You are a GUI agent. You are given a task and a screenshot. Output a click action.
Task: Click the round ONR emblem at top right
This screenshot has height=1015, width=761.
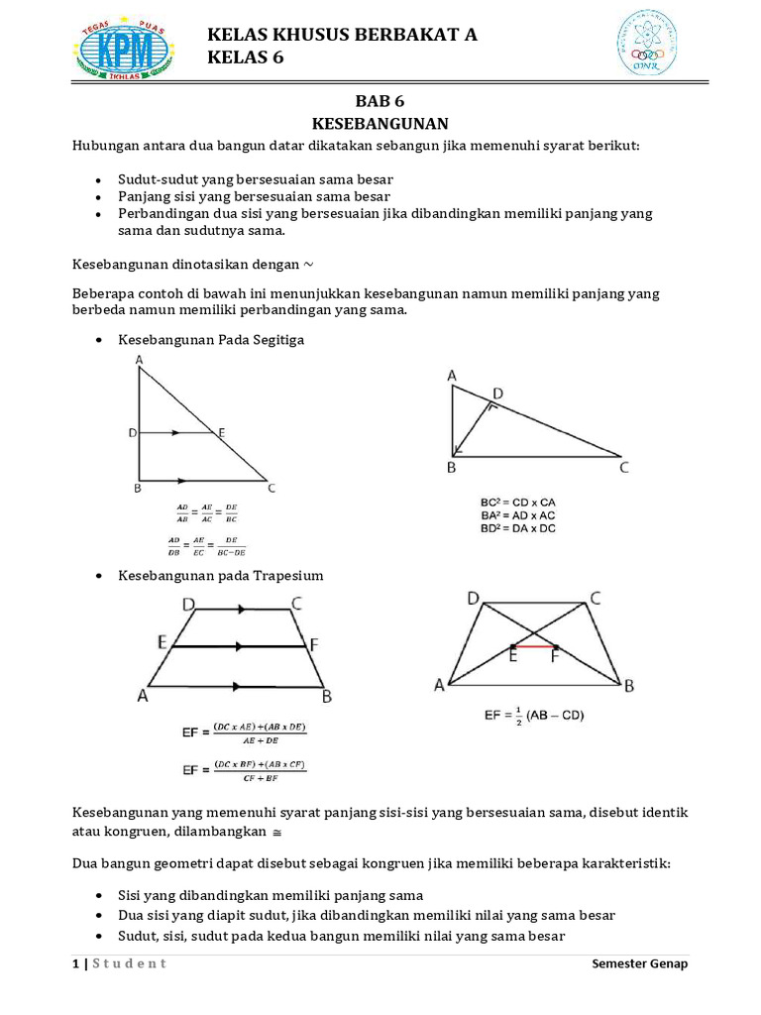[x=649, y=43]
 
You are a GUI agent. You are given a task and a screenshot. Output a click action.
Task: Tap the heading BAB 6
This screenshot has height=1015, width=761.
[x=380, y=101]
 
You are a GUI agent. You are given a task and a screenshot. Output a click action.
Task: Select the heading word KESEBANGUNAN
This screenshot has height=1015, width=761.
[x=380, y=124]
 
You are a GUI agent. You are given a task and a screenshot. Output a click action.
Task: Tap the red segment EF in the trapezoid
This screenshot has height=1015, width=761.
[x=534, y=645]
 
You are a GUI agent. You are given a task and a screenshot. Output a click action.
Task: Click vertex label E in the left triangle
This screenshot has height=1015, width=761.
[x=221, y=433]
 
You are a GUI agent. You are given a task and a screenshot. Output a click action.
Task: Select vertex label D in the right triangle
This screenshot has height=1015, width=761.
[x=497, y=395]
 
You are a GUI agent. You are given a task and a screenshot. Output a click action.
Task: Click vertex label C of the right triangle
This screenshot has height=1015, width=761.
[x=623, y=468]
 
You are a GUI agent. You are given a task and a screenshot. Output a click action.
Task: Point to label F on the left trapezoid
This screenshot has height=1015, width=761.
[x=314, y=645]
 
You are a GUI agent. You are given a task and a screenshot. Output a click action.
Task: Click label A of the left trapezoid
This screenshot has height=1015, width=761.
[x=143, y=696]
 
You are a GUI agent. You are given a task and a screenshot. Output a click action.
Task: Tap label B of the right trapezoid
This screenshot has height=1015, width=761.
[x=628, y=685]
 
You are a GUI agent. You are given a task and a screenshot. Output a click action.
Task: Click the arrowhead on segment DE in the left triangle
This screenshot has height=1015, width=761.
[x=175, y=433]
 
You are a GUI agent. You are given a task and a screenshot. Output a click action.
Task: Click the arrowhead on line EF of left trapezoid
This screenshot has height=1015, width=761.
[x=238, y=646]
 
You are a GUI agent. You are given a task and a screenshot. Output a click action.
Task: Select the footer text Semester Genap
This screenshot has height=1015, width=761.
[x=639, y=963]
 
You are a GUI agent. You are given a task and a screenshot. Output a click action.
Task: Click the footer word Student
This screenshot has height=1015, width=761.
[x=130, y=963]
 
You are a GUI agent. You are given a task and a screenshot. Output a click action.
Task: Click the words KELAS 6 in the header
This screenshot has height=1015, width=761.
[x=245, y=58]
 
